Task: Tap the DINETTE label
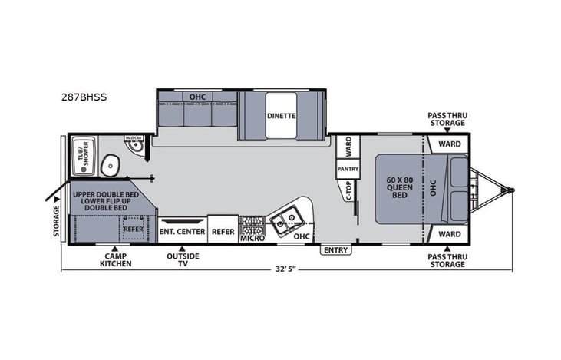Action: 282,117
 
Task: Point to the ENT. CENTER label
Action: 182,231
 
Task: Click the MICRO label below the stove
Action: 252,239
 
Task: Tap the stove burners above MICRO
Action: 252,225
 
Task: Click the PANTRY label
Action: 347,169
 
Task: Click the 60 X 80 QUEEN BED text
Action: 399,188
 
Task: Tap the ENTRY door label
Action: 335,250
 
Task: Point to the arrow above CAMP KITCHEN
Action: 115,249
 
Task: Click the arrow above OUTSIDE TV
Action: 183,249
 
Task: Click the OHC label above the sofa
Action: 196,97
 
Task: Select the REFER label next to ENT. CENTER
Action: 223,231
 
